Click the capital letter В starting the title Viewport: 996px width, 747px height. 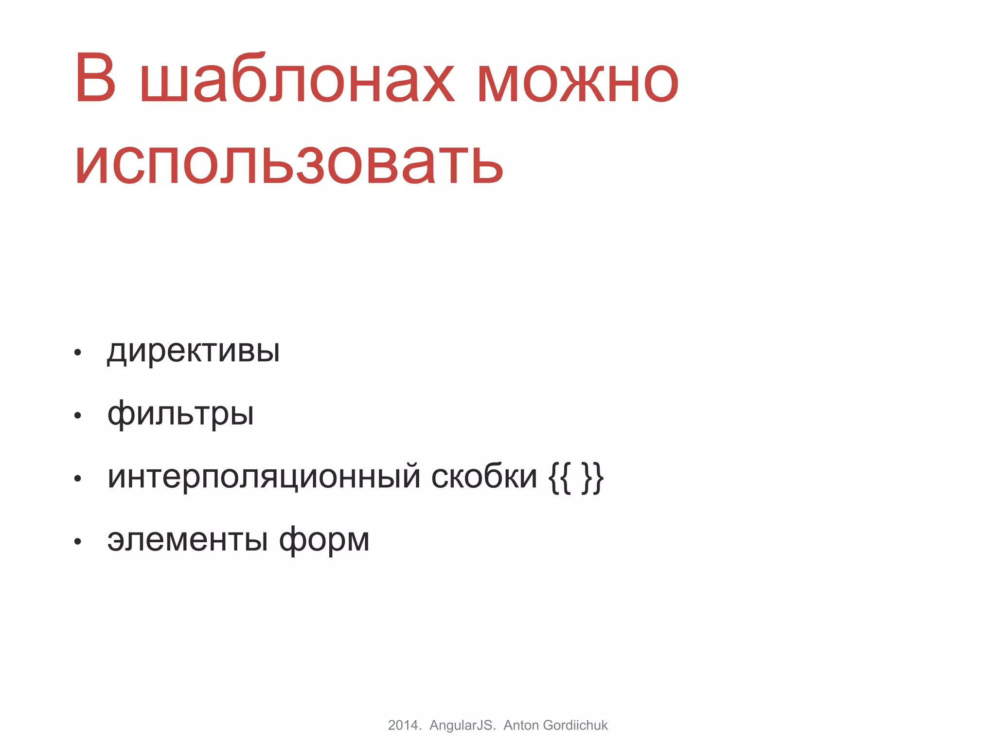pyautogui.click(x=96, y=78)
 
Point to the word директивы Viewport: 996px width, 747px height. pyautogui.click(x=194, y=351)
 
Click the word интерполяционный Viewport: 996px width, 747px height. pyautogui.click(x=264, y=477)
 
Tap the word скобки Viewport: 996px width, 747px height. pyautogui.click(x=484, y=477)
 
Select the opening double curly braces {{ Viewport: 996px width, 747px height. pyautogui.click(x=559, y=478)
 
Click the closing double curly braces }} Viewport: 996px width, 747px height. pyautogui.click(x=593, y=478)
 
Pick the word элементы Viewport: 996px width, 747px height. pyautogui.click(x=188, y=540)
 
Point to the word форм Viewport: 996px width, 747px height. pyautogui.click(x=324, y=540)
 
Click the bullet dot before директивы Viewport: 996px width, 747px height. pyautogui.click(x=77, y=353)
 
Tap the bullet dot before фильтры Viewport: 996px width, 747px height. pyautogui.click(x=77, y=416)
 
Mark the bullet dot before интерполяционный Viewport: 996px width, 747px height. pyautogui.click(x=77, y=479)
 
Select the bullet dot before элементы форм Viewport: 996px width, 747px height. pyautogui.click(x=77, y=542)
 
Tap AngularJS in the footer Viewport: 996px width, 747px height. pyautogui.click(x=462, y=725)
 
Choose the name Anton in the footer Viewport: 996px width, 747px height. pyautogui.click(x=521, y=725)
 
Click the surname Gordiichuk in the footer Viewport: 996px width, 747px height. pyautogui.click(x=575, y=725)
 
